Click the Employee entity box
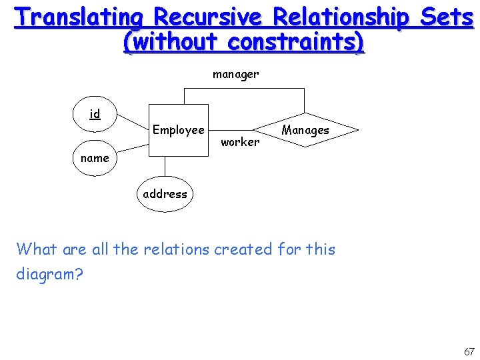(178, 130)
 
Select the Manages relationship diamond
(305, 130)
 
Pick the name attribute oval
(95, 159)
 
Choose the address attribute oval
(165, 194)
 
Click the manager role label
(235, 75)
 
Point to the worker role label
(240, 141)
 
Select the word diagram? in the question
(49, 275)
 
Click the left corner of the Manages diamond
(254, 130)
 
